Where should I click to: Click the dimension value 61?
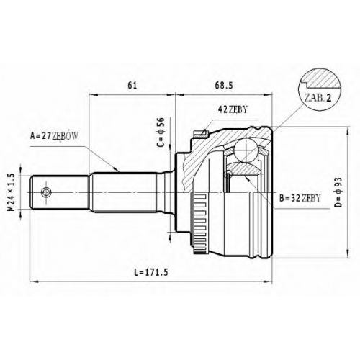point(132,86)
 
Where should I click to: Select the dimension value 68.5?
point(224,86)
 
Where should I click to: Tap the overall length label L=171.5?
point(151,272)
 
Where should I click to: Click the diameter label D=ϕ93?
point(338,192)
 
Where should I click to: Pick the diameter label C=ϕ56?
point(161,132)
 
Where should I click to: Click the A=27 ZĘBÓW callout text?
point(54,136)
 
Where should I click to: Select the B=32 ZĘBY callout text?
point(300,198)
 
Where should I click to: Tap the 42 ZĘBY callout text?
point(233,109)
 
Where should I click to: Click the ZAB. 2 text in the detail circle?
point(318,98)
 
